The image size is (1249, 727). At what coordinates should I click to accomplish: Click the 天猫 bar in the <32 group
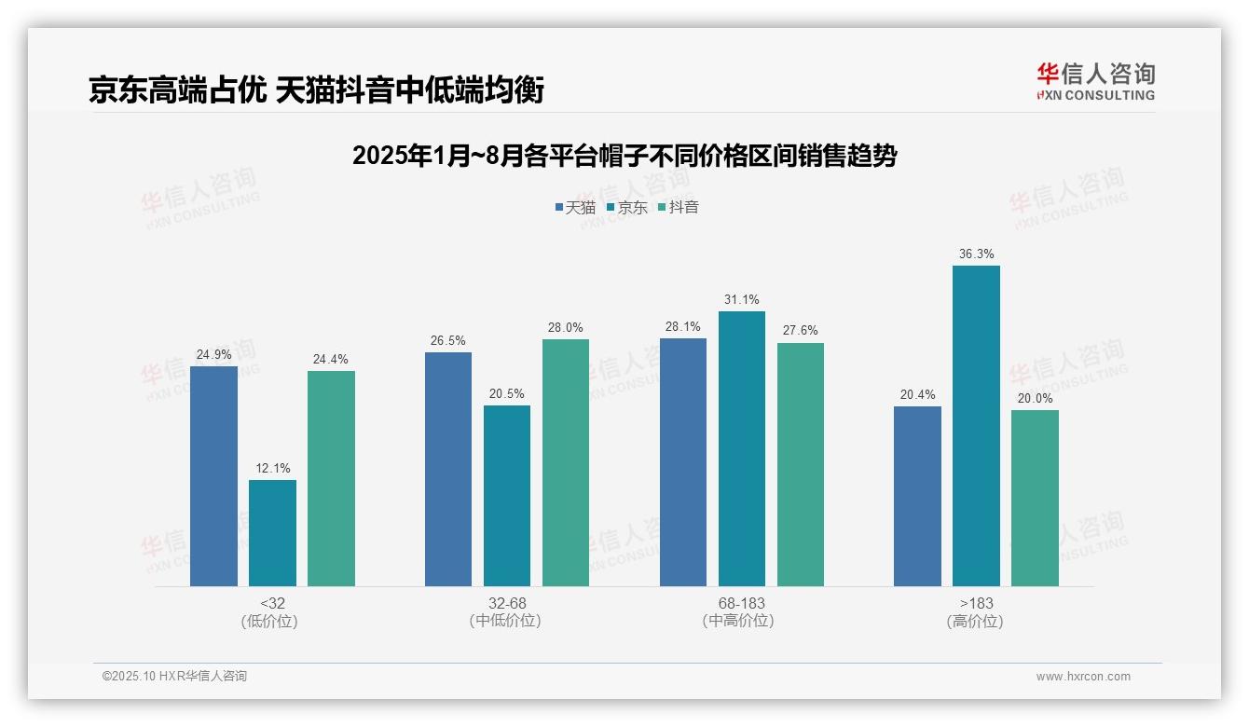[x=213, y=476]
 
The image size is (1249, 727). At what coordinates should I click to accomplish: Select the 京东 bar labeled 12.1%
[x=272, y=533]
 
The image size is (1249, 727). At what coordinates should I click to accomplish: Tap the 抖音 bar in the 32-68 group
[x=566, y=462]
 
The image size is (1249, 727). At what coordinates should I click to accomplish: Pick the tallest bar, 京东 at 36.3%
[x=976, y=426]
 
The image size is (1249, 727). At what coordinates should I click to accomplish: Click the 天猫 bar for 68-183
[x=683, y=462]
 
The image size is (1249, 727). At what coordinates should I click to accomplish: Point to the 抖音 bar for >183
[x=1035, y=498]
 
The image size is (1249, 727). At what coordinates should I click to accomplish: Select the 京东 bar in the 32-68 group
[x=507, y=496]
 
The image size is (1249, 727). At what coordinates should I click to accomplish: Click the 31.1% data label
[x=742, y=300]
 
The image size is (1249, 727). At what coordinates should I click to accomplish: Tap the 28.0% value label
[x=566, y=328]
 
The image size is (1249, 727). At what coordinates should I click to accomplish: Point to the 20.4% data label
[x=917, y=395]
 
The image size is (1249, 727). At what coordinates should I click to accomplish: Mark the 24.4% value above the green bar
[x=331, y=360]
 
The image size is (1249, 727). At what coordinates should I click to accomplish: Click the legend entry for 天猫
[x=575, y=208]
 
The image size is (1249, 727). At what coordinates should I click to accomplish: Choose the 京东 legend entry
[x=627, y=208]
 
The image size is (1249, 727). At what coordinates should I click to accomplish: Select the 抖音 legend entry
[x=679, y=208]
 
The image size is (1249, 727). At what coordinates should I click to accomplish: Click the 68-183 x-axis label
[x=742, y=603]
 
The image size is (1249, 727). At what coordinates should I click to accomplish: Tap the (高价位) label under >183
[x=975, y=621]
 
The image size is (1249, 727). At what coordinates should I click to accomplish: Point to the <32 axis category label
[x=272, y=603]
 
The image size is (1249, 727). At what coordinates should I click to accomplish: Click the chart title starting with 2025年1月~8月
[x=624, y=156]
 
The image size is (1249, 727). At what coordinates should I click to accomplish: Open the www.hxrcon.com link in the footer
[x=1083, y=677]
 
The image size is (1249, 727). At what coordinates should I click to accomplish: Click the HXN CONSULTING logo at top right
[x=1095, y=81]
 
